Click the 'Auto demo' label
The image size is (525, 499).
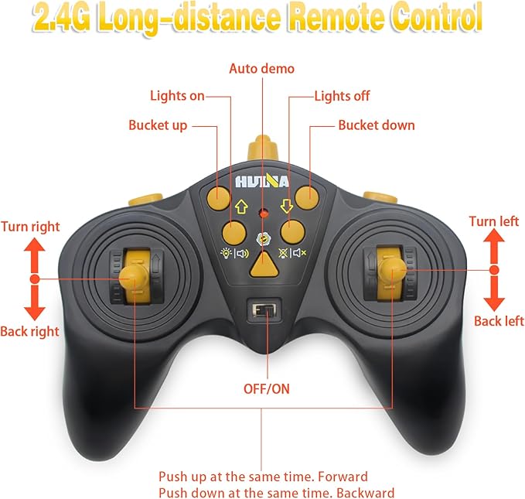pyautogui.click(x=261, y=68)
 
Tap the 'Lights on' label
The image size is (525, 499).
pyautogui.click(x=177, y=96)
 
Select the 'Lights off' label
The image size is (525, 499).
pyautogui.click(x=342, y=96)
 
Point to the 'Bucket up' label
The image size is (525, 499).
pyautogui.click(x=158, y=125)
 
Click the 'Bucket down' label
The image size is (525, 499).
pyautogui.click(x=377, y=125)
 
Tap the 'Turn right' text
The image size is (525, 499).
pyautogui.click(x=30, y=227)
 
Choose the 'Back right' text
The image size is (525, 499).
pyautogui.click(x=30, y=331)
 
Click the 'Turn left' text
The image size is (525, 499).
pyautogui.click(x=493, y=221)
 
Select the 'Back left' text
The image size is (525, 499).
pyautogui.click(x=499, y=320)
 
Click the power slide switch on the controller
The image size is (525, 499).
pyautogui.click(x=263, y=310)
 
